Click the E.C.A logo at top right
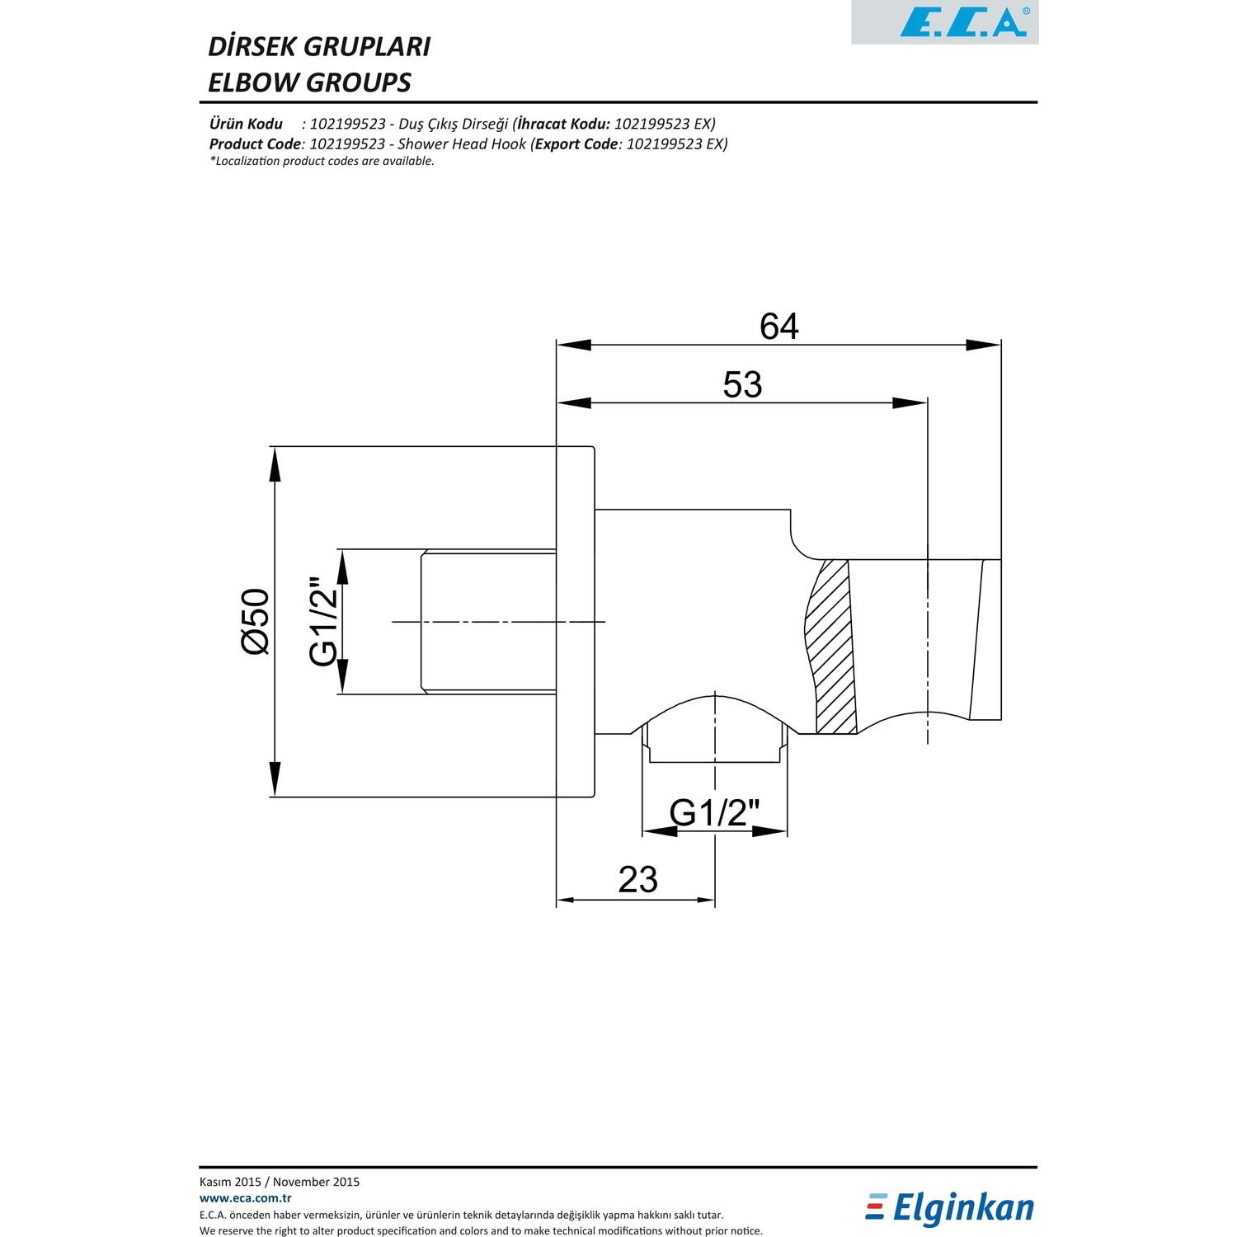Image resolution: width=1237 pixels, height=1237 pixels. click(x=962, y=22)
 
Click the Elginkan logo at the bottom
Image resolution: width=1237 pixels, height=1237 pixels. click(x=949, y=1209)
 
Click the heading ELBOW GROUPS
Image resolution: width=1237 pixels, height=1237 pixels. click(x=309, y=82)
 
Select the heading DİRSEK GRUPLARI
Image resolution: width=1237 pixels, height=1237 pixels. click(x=318, y=46)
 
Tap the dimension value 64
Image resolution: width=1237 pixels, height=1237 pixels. click(x=778, y=327)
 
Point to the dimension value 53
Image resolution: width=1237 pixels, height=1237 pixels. click(x=742, y=385)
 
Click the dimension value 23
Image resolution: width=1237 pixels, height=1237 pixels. click(x=637, y=880)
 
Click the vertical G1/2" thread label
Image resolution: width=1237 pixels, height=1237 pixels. click(x=324, y=622)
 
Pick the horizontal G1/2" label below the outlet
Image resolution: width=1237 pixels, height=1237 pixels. click(x=713, y=813)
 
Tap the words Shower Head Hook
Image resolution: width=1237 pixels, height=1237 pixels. click(x=462, y=143)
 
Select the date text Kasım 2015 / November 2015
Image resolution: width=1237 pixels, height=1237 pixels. click(x=280, y=1182)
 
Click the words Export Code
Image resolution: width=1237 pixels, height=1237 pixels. click(x=576, y=143)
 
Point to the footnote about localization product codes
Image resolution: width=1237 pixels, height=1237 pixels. click(x=322, y=161)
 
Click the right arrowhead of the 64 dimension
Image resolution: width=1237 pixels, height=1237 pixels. click(x=983, y=345)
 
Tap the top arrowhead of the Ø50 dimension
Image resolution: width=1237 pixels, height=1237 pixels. click(x=275, y=464)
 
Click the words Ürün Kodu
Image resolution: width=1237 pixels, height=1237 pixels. click(x=246, y=124)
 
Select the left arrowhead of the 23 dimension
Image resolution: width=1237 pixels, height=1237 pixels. click(x=566, y=900)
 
